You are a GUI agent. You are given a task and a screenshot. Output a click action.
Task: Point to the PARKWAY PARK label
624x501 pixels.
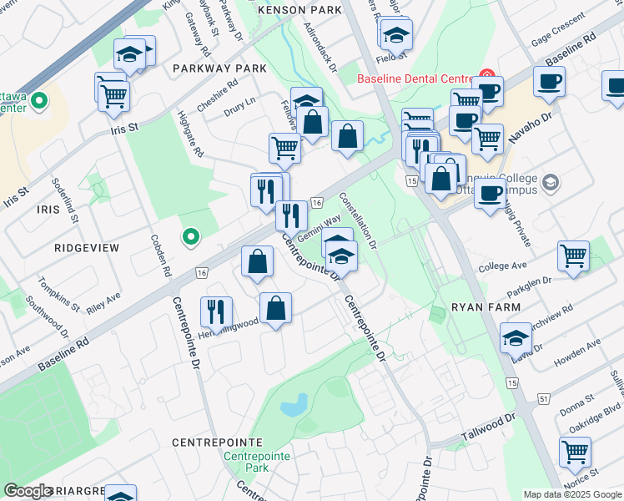(219, 68)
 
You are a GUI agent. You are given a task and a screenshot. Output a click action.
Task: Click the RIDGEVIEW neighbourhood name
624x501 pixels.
(87, 248)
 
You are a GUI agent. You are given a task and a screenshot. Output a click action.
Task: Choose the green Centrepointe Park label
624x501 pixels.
(257, 463)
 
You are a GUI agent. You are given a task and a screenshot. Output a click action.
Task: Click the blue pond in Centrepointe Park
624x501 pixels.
(294, 407)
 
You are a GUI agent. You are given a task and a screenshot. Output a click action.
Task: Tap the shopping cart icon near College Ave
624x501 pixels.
(573, 256)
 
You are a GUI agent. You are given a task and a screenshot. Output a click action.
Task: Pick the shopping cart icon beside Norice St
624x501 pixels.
(575, 452)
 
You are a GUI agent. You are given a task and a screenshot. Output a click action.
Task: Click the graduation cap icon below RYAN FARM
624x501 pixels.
(516, 338)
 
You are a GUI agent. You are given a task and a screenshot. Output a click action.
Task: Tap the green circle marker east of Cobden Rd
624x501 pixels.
(191, 238)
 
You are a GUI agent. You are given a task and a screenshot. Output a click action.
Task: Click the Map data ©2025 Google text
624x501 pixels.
(572, 494)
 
